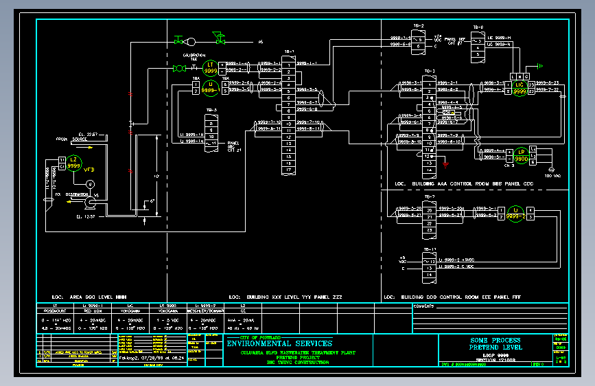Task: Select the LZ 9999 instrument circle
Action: point(74,163)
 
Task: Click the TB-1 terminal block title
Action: point(288,51)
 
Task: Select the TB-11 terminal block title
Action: point(430,249)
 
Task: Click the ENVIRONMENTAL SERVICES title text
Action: point(279,343)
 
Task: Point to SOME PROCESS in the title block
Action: point(495,341)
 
